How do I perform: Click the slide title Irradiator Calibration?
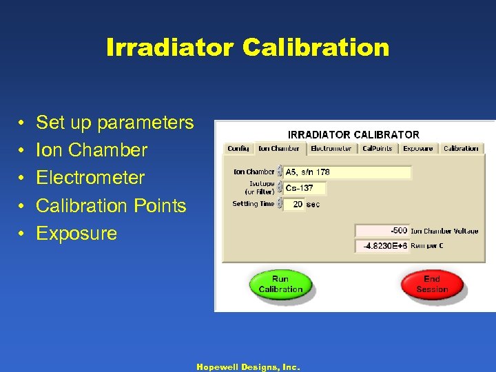pos(248,48)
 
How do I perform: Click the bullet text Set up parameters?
pos(114,123)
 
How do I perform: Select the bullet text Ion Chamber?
pos(92,150)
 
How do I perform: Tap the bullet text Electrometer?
pos(90,178)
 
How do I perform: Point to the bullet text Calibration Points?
pos(111,205)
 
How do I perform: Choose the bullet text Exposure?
pos(76,233)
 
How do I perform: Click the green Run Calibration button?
pos(280,285)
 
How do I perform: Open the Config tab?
pos(238,148)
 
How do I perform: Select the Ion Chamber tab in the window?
pos(278,148)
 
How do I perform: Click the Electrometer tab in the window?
pos(331,148)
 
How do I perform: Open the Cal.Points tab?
pos(377,148)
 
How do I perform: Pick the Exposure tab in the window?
pos(417,148)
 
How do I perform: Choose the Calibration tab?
pos(461,148)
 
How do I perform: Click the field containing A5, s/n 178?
pos(347,172)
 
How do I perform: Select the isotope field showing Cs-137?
pos(304,188)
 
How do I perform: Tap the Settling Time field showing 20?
pos(295,204)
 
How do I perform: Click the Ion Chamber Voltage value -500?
pos(382,231)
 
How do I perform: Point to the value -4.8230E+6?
pos(382,246)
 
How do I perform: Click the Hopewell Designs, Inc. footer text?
pos(248,367)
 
